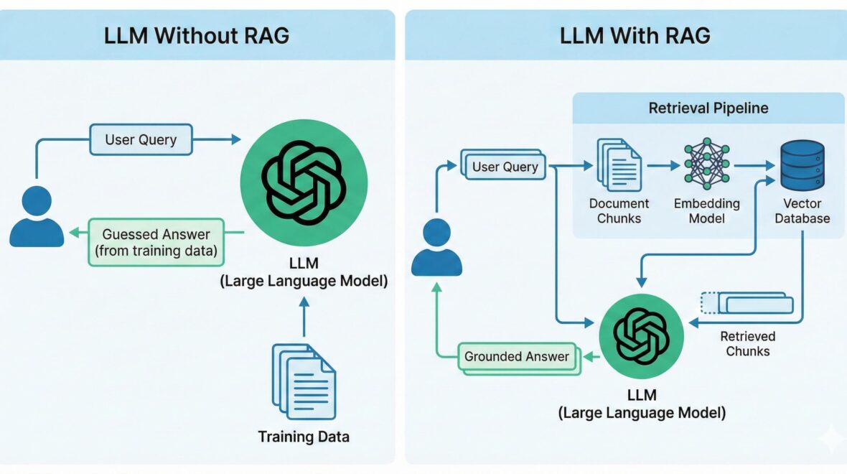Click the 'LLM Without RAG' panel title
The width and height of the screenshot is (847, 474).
[197, 36]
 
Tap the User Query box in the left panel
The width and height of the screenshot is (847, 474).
[141, 139]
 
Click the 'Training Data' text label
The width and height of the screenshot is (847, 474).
[304, 437]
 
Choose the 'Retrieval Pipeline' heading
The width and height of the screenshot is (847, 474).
[708, 108]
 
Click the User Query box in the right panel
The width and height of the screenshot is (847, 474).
[505, 167]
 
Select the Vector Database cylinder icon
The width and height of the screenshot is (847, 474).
[802, 165]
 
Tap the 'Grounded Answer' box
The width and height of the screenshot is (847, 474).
[517, 356]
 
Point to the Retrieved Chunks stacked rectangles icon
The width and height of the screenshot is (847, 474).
[748, 303]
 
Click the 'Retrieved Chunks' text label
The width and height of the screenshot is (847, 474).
[748, 343]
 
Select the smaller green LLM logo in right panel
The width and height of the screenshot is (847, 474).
[642, 336]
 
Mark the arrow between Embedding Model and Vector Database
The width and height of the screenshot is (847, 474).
[754, 165]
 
